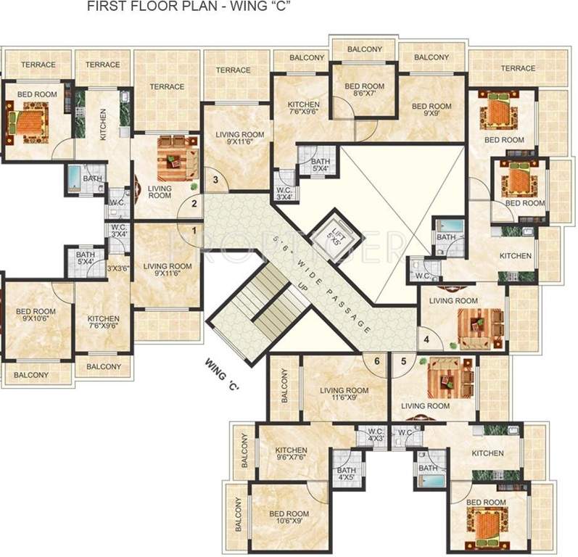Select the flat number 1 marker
tap(194, 231)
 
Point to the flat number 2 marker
tap(194, 204)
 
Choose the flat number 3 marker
tap(215, 180)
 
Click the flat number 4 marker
tap(427, 339)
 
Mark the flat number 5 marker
tap(404, 360)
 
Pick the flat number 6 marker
tap(376, 360)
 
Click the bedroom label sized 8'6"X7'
tap(363, 88)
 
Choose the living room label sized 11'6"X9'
tap(345, 394)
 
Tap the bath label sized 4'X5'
tap(346, 474)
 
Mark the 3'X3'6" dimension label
tap(118, 268)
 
